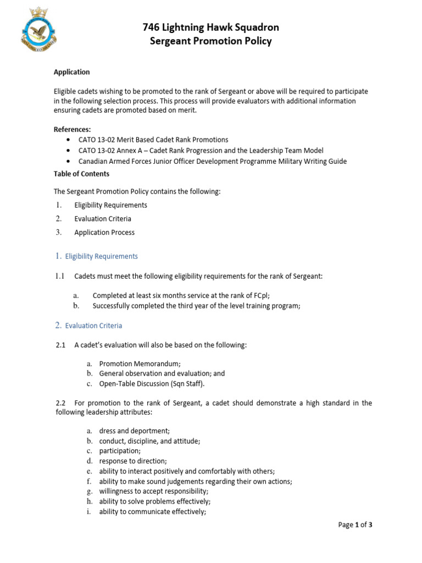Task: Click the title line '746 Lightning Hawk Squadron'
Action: pos(211,27)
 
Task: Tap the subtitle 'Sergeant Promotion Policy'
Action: pos(211,41)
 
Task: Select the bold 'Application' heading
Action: pos(71,72)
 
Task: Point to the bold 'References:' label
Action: pos(72,129)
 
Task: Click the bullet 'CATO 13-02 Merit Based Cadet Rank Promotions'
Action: pos(153,140)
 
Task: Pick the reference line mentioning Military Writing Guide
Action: pos(213,161)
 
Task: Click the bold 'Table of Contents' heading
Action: pos(81,174)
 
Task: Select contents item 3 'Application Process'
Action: pos(104,233)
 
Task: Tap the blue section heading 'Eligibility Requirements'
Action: pos(101,256)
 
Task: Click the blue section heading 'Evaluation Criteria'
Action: pos(93,325)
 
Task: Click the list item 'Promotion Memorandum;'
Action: pos(140,363)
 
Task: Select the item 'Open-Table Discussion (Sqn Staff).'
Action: pos(155,384)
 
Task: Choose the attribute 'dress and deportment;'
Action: pos(134,431)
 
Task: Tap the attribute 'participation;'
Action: pos(120,451)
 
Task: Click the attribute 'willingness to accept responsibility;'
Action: pos(154,491)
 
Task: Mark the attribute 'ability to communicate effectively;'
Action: pos(153,511)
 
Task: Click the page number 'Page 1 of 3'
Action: pos(356,525)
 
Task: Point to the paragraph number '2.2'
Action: pos(61,403)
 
